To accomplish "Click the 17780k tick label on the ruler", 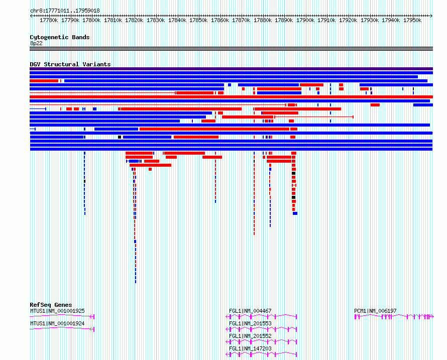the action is [x=49, y=20].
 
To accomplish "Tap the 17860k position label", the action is [x=220, y=20].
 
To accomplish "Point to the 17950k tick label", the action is [x=412, y=20].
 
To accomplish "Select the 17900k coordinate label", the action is [x=305, y=20].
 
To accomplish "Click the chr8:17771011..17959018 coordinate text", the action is [x=65, y=11].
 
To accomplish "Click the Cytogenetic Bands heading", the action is [x=60, y=37].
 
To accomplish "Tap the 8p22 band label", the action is [x=36, y=43].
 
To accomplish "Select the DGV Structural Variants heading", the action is [x=70, y=64].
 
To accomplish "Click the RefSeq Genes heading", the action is [x=51, y=305].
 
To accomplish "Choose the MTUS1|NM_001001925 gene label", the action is [x=57, y=311].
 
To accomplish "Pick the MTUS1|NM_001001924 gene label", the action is [x=57, y=323].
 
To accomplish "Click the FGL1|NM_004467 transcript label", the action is [x=250, y=311].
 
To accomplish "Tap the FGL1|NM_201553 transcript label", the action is [x=250, y=323].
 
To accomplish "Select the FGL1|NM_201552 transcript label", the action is [x=250, y=336].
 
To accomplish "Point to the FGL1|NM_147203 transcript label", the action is [x=250, y=348].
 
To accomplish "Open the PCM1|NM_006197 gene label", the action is [x=375, y=311].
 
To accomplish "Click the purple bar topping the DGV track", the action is [x=231, y=69].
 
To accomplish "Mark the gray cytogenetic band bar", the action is [x=231, y=49].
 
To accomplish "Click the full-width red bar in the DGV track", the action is [x=231, y=97].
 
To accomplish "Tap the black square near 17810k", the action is [x=120, y=137].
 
